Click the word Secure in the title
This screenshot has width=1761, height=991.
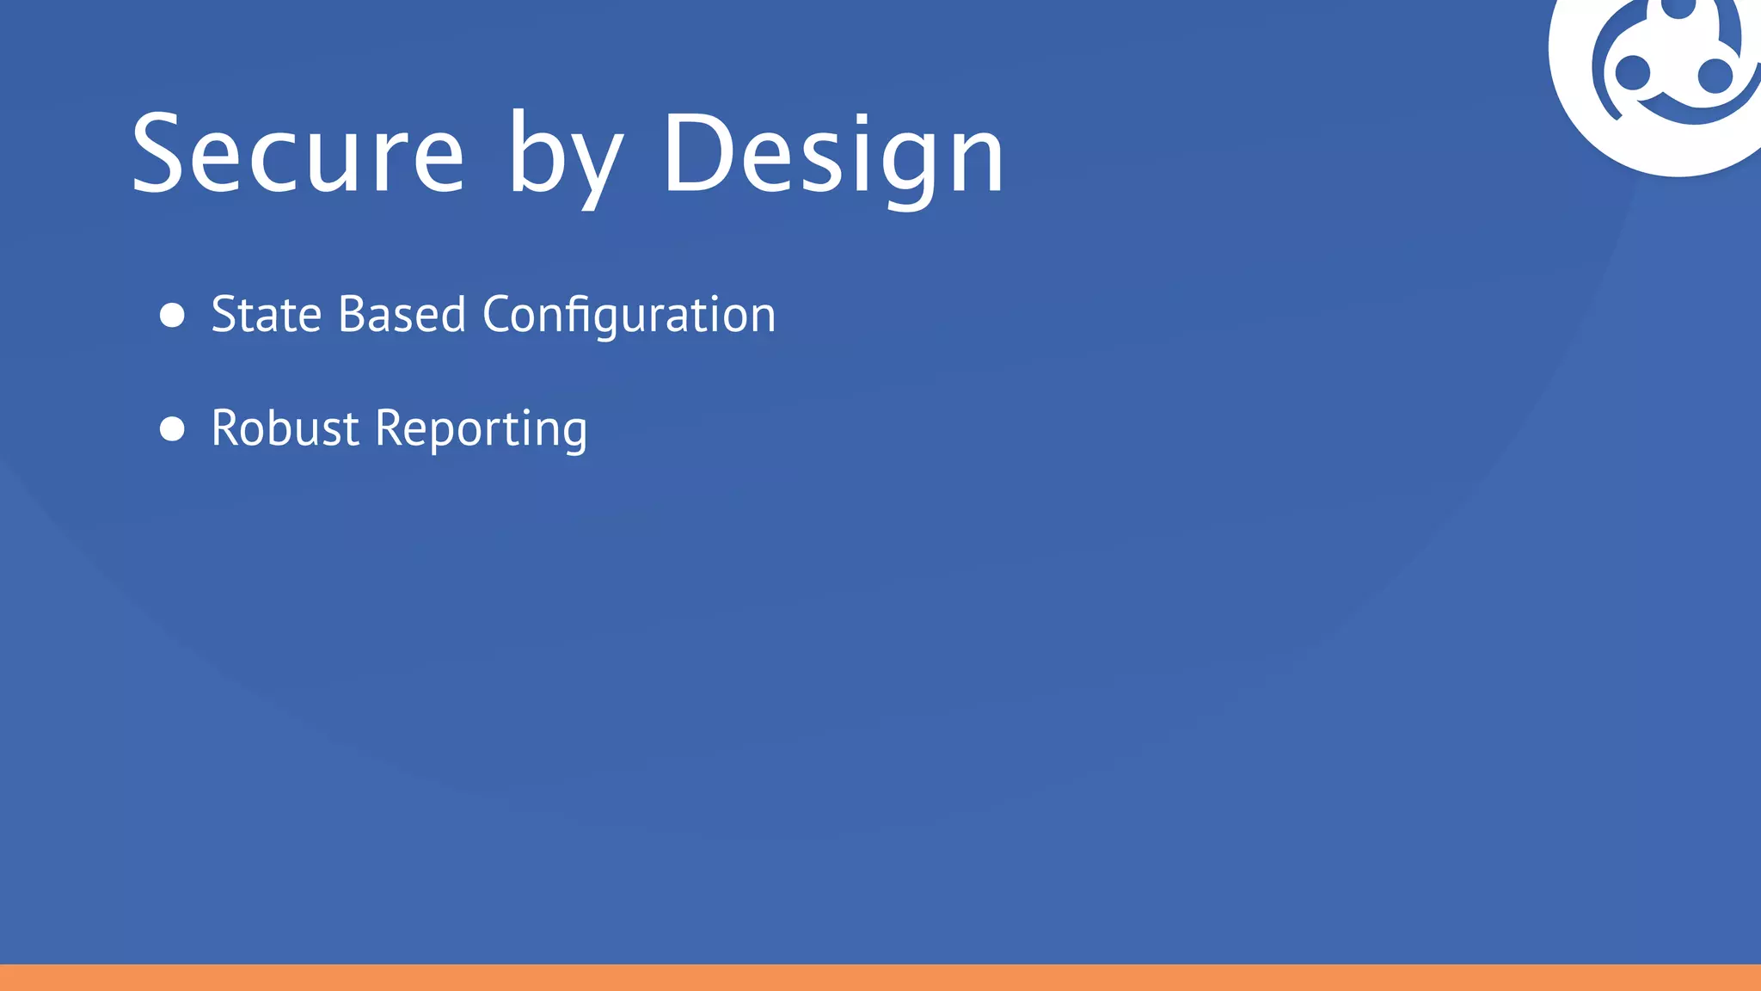tap(298, 155)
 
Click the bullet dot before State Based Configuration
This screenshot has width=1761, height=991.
tap(172, 315)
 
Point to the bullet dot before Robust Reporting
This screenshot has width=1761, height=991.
tap(172, 428)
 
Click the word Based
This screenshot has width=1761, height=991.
tap(402, 315)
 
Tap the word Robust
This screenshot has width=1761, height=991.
tap(285, 428)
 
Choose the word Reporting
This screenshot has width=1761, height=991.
tap(482, 430)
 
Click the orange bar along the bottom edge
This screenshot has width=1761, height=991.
tap(880, 977)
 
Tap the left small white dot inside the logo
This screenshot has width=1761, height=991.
tap(1632, 72)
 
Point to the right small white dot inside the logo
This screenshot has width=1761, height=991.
tap(1715, 76)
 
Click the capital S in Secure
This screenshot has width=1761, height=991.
tap(158, 153)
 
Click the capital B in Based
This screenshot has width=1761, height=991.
tap(352, 315)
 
